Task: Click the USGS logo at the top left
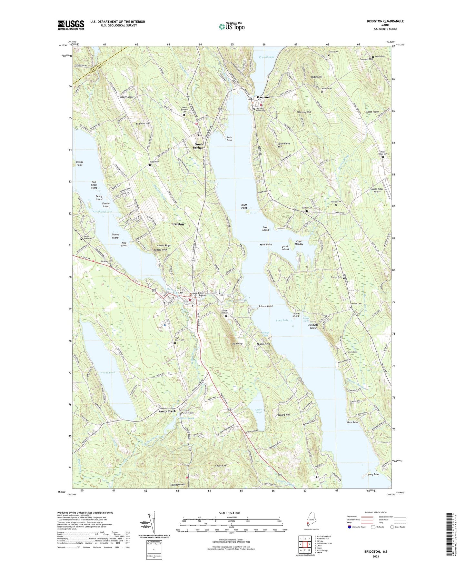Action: (x=71, y=25)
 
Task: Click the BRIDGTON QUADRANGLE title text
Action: (x=385, y=21)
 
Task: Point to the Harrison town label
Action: (x=263, y=97)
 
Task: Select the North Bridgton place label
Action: (x=199, y=146)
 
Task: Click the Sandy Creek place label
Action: (x=167, y=411)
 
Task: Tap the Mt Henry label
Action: (x=237, y=344)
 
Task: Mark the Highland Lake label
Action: (x=103, y=212)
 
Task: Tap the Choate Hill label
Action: (x=221, y=466)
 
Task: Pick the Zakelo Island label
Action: (x=285, y=248)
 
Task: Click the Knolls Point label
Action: (x=79, y=163)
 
